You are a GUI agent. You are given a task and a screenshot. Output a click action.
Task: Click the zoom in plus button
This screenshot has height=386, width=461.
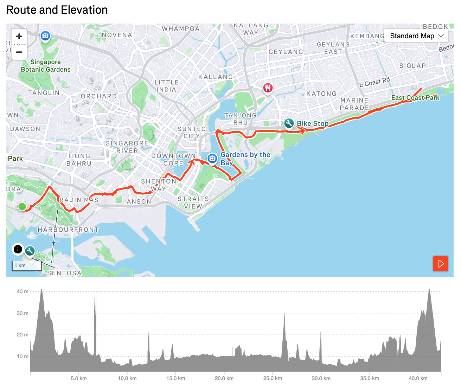[19, 37]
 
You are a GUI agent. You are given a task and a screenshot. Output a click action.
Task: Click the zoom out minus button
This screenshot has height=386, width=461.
[19, 52]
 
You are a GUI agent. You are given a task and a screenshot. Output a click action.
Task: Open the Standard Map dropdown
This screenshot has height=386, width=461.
[417, 36]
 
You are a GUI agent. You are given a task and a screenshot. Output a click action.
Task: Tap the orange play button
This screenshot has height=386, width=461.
[440, 263]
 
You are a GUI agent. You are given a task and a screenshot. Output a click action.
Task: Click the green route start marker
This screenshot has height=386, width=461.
[22, 207]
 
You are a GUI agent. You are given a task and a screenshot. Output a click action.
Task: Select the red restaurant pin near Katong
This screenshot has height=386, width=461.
[268, 88]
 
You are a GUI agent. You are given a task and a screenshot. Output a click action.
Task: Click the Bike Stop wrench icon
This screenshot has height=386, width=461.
[289, 123]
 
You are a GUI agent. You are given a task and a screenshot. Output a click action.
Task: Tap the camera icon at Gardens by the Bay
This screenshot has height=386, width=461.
[212, 159]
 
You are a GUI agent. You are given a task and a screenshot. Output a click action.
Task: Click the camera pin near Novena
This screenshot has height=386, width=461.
[45, 36]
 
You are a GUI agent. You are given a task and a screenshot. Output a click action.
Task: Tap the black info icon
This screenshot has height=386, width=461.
[18, 249]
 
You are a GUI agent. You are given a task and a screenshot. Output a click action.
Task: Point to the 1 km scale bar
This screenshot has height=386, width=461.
[26, 266]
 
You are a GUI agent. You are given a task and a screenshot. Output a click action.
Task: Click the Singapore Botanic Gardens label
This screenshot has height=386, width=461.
[46, 66]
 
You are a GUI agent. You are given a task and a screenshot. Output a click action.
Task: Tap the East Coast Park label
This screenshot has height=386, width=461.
[415, 98]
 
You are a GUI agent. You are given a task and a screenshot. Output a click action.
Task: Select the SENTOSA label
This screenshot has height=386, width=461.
[64, 273]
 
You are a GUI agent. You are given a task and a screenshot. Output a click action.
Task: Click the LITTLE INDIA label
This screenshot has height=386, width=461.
[167, 86]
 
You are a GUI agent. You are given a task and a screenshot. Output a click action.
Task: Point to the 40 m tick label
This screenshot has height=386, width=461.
[23, 291]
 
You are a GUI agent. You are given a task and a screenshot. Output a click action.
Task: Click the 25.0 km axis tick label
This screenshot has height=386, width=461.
[273, 378]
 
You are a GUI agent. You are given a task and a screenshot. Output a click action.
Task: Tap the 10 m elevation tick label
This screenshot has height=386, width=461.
[23, 356]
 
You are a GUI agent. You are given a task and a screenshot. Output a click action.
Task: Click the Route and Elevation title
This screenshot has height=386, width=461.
[57, 10]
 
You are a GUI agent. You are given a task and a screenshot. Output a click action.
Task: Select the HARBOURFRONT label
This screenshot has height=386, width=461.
[68, 230]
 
